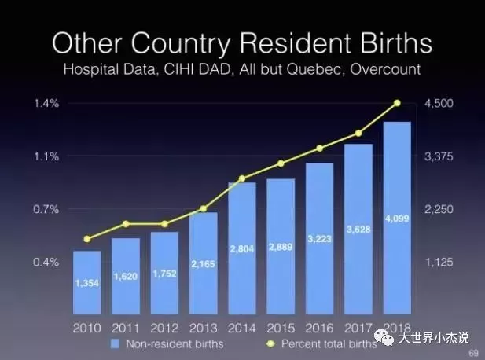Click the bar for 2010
point(87,283)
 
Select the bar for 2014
point(242,248)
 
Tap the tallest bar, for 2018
point(397,218)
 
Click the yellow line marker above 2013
point(204,209)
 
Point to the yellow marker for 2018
point(398,103)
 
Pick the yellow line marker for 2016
point(320,149)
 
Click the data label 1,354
point(87,283)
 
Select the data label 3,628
point(358,230)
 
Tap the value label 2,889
point(281,247)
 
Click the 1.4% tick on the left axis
point(46,103)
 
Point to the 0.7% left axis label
point(46,209)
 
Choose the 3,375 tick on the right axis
point(439,156)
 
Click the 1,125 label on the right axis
point(439,263)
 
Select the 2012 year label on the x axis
point(164,328)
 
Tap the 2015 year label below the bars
point(281,328)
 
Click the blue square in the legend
point(115,344)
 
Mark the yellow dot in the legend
point(270,344)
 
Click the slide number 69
point(474,353)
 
